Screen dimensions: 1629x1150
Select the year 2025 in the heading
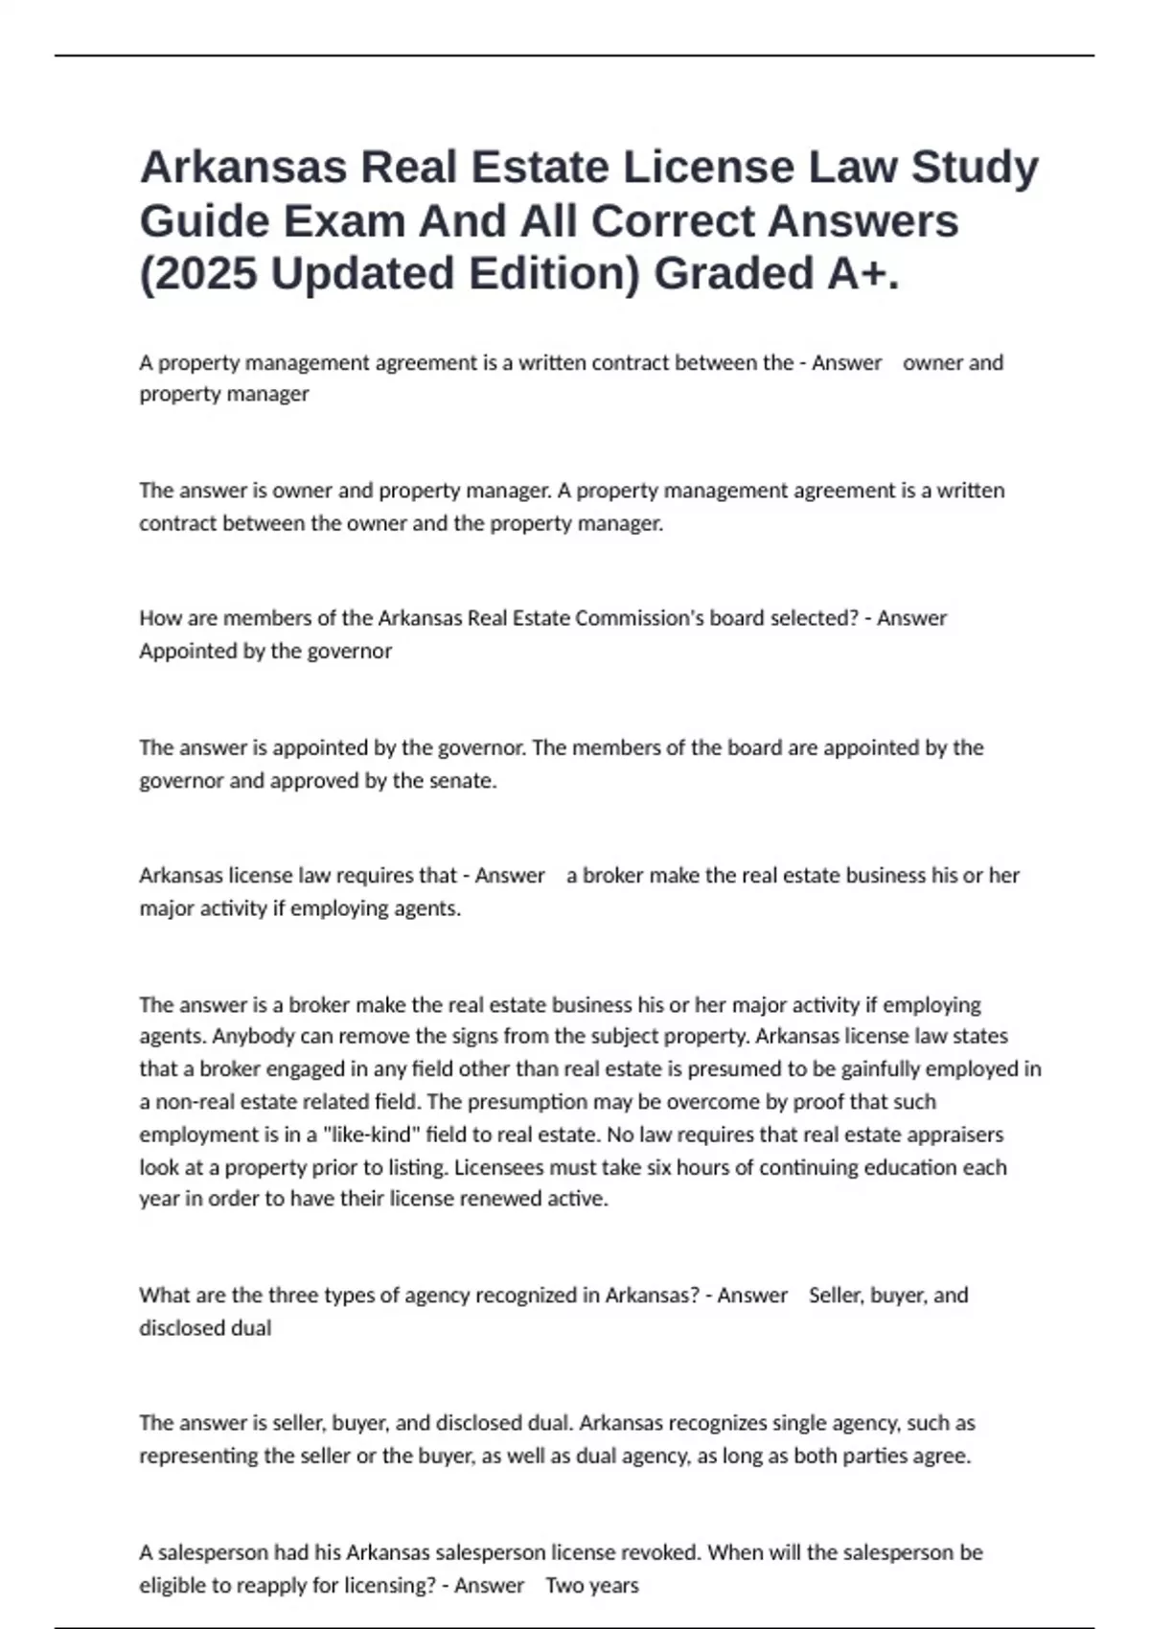[x=205, y=274]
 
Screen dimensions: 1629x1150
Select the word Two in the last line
[x=564, y=1585]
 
